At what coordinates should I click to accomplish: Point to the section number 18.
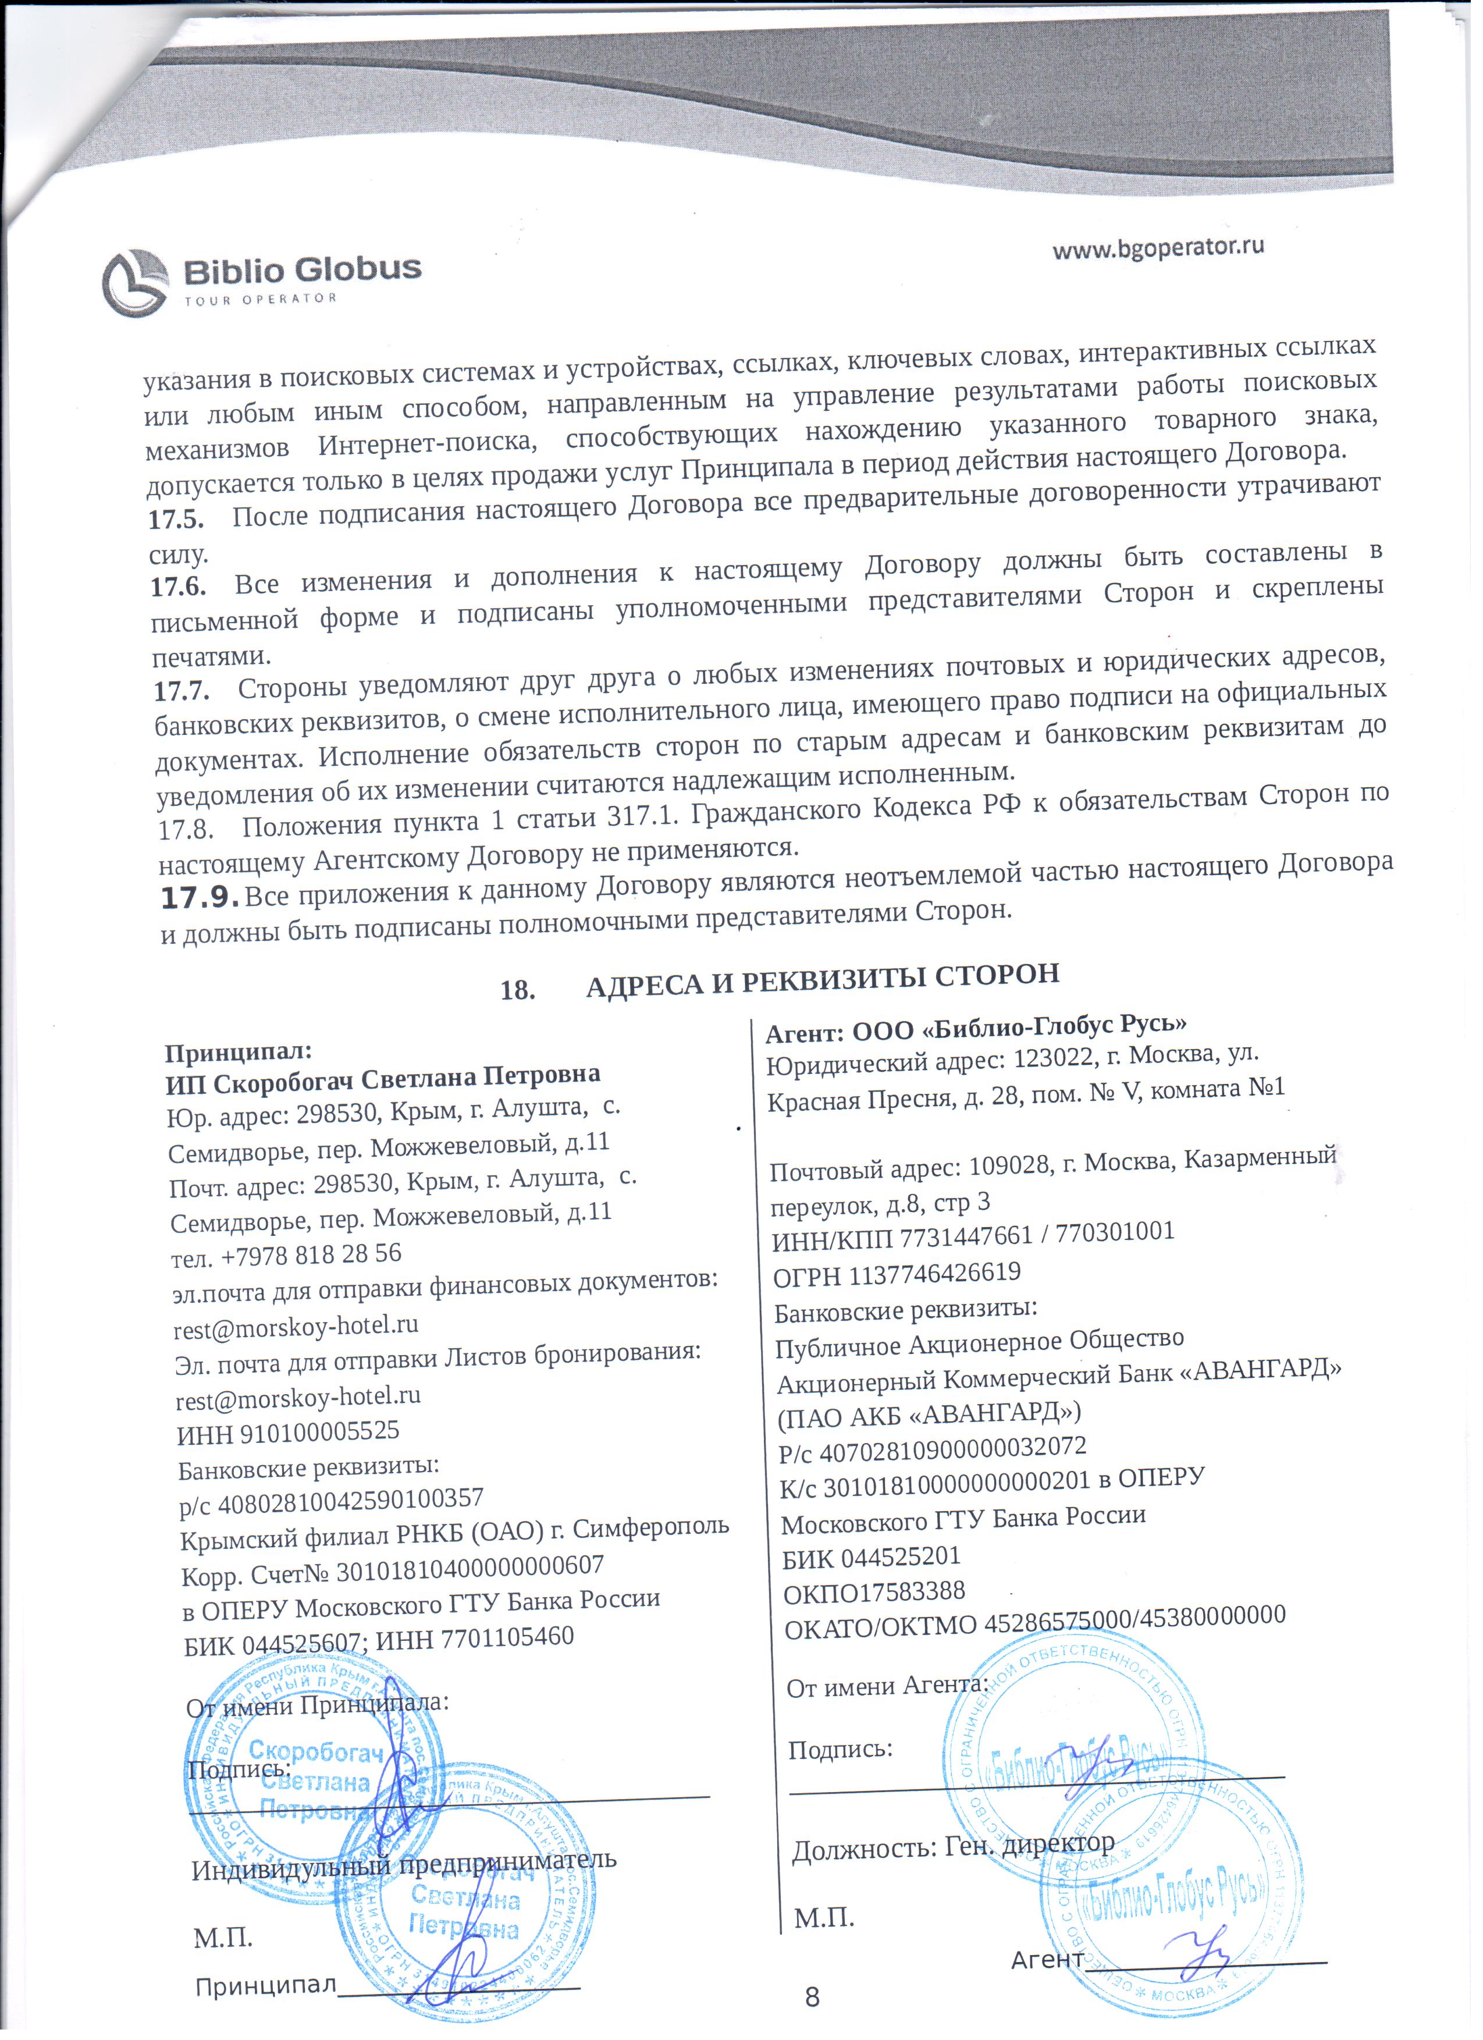point(518,990)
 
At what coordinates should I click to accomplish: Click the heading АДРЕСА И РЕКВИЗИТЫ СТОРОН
point(823,979)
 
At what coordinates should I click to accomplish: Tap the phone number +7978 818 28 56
point(311,1254)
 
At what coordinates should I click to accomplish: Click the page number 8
point(812,1998)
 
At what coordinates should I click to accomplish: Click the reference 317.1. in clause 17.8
point(646,817)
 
